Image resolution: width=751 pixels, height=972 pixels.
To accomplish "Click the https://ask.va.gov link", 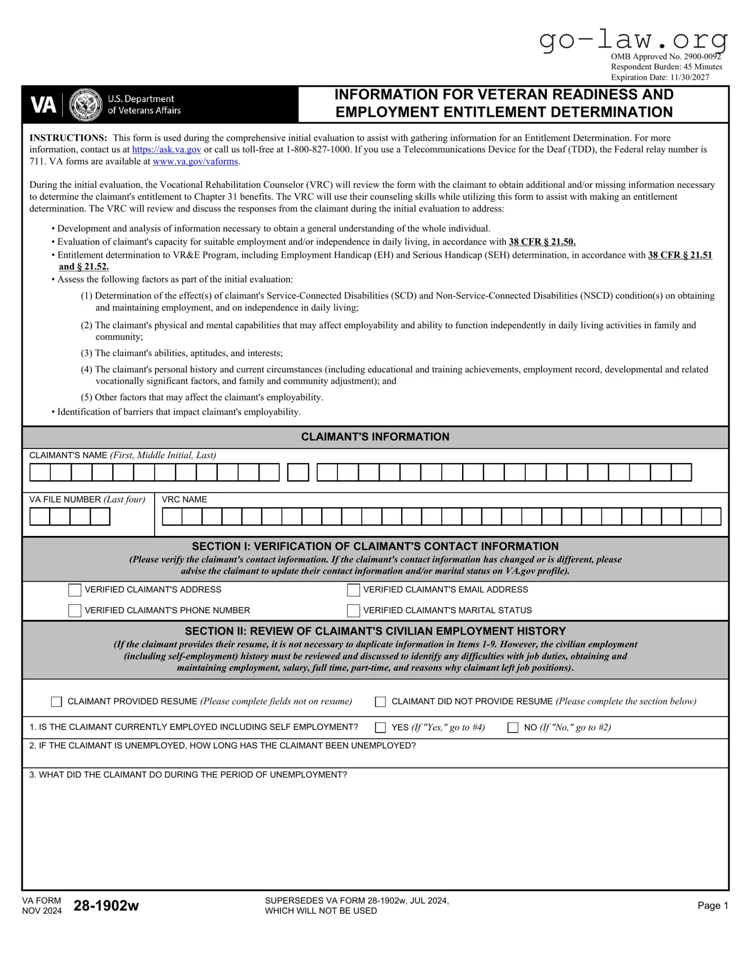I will tap(166, 149).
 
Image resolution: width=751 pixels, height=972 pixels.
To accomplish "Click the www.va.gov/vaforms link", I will tap(195, 161).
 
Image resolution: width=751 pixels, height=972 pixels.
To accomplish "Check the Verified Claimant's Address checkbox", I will tap(74, 590).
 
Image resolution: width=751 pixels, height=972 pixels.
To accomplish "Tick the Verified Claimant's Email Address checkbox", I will tap(353, 590).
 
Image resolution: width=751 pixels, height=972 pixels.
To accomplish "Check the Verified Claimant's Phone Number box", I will tap(74, 611).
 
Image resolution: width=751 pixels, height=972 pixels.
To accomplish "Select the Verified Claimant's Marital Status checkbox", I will tap(353, 611).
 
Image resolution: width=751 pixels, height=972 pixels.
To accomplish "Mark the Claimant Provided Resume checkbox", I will tap(56, 702).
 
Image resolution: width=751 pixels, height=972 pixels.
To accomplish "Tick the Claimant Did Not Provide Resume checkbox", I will tap(380, 702).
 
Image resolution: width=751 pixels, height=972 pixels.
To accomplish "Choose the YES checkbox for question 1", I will tap(380, 728).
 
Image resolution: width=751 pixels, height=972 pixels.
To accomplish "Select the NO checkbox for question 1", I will tap(513, 728).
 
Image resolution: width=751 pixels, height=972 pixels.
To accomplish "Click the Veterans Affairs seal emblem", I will tap(85, 105).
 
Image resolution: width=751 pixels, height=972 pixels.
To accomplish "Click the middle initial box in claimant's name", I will tap(298, 473).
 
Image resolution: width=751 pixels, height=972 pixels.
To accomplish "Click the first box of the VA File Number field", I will tap(39, 517).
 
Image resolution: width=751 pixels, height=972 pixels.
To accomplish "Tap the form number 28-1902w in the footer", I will tap(106, 905).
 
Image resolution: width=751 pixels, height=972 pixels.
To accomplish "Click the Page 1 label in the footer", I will tap(713, 905).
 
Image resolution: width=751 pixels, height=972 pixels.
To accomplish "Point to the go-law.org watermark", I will tap(633, 39).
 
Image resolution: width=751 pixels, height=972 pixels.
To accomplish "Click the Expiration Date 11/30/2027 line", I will tap(660, 77).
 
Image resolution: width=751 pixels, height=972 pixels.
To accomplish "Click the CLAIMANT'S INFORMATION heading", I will tap(375, 437).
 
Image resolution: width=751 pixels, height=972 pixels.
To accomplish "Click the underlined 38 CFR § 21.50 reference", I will tap(542, 242).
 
